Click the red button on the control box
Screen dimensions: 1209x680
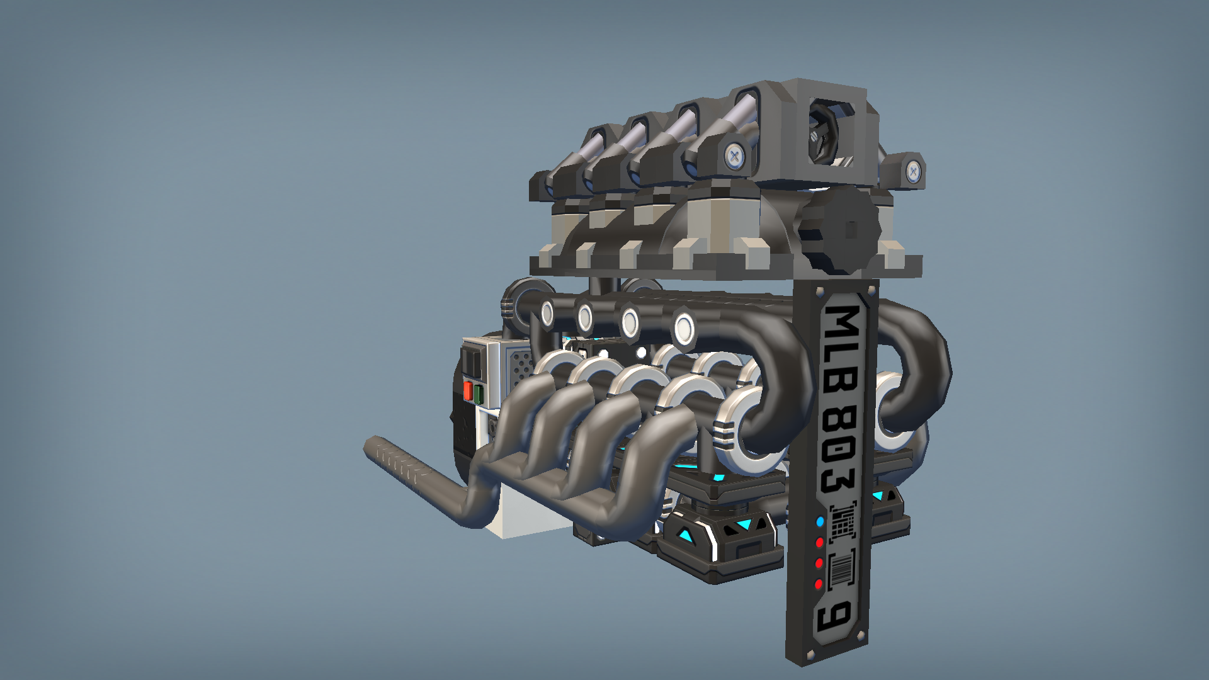[x=468, y=390]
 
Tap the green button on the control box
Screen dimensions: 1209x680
[x=478, y=394]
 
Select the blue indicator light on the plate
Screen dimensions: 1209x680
[x=820, y=521]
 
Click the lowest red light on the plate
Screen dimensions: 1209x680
[x=819, y=584]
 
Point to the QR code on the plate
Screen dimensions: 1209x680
[x=843, y=521]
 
